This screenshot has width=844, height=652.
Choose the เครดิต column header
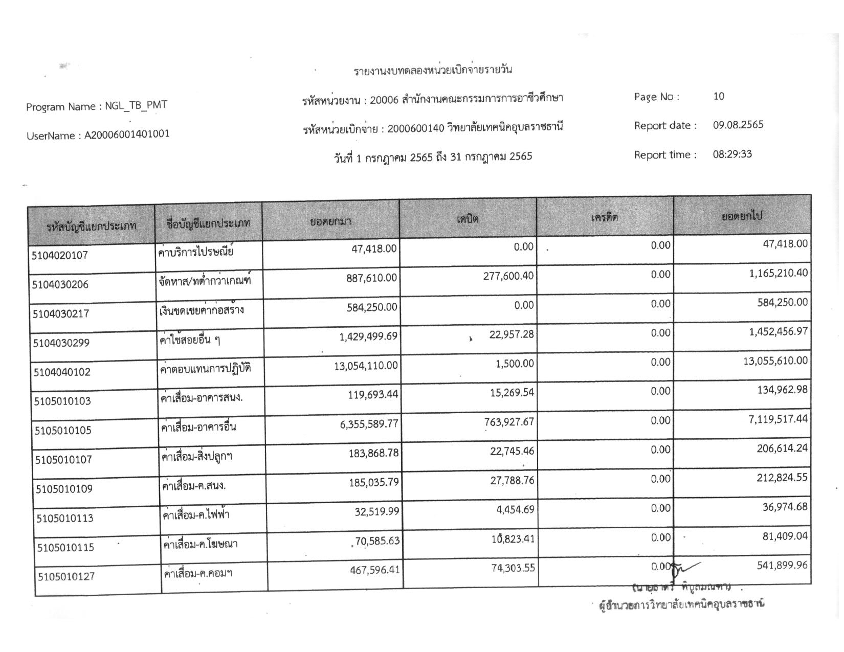[x=605, y=217]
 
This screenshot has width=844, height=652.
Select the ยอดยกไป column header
[x=742, y=216]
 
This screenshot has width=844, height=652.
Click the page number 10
[x=719, y=96]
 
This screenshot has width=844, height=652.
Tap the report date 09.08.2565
[x=738, y=125]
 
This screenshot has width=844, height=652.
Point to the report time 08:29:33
[x=732, y=154]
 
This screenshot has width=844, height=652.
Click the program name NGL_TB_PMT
[x=136, y=106]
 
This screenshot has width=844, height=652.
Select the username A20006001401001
[x=127, y=135]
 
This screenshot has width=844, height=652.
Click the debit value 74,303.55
[x=513, y=568]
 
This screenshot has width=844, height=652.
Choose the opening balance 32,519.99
[x=376, y=511]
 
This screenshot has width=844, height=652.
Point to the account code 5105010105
[x=63, y=431]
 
